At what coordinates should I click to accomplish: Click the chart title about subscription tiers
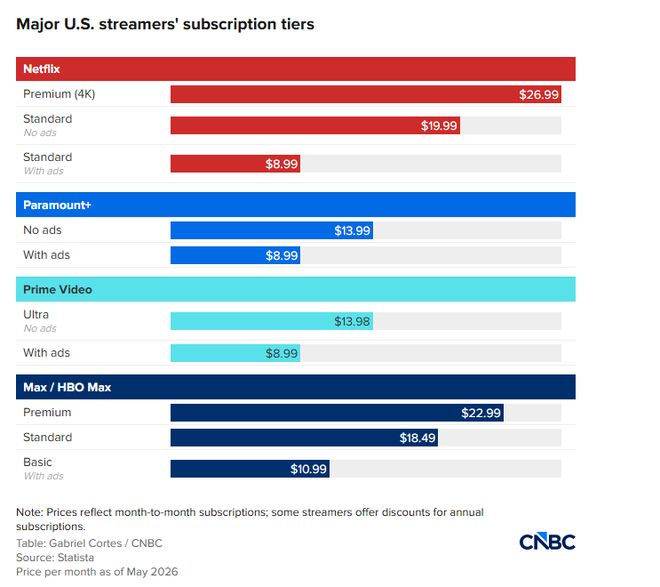click(165, 24)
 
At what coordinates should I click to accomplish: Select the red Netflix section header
click(295, 69)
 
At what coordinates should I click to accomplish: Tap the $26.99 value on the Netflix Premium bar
click(538, 94)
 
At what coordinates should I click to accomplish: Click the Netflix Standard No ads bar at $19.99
click(315, 125)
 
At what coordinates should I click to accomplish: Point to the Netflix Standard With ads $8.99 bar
click(235, 163)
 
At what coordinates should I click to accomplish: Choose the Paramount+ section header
click(295, 205)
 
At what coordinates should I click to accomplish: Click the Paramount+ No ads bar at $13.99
click(271, 231)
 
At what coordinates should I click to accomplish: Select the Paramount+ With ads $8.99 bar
click(235, 255)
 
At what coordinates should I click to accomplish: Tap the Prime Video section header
click(295, 290)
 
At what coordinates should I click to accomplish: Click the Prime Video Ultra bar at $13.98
click(271, 321)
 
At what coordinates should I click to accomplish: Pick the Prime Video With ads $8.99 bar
click(235, 353)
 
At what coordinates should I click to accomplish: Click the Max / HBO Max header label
click(67, 387)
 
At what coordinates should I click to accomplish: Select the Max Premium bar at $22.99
click(337, 413)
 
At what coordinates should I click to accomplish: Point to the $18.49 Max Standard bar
click(304, 438)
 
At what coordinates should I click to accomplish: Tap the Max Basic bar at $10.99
click(250, 469)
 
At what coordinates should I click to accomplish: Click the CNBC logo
click(547, 542)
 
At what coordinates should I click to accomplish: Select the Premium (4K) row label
click(59, 94)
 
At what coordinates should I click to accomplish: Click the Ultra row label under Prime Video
click(36, 314)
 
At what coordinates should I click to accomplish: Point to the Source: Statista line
click(55, 558)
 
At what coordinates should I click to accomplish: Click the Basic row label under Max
click(37, 462)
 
